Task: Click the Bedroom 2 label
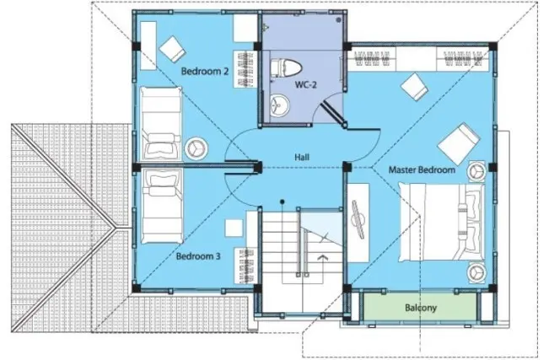(205, 72)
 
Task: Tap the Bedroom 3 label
(198, 256)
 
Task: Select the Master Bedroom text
(422, 170)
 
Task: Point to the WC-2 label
(305, 84)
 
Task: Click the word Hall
(302, 158)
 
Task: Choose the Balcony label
(421, 308)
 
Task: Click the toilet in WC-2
(286, 68)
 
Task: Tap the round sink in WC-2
(280, 104)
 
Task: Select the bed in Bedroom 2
(161, 123)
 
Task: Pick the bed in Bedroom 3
(163, 207)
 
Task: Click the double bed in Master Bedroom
(442, 223)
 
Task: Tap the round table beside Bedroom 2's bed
(196, 148)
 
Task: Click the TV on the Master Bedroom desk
(358, 220)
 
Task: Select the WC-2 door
(332, 112)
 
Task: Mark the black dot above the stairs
(283, 201)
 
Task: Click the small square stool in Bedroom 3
(234, 228)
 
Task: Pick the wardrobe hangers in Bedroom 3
(245, 266)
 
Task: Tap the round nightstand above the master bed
(476, 170)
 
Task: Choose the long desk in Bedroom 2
(148, 46)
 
